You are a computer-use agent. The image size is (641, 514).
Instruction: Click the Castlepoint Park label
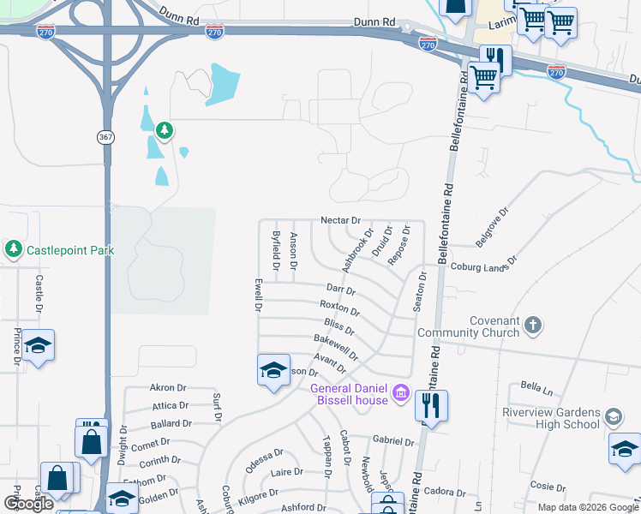coord(70,250)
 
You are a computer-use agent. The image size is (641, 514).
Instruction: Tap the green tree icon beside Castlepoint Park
coord(13,249)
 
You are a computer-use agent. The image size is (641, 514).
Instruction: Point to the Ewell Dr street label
coord(257,294)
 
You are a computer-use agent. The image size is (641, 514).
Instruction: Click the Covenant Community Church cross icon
coord(532,325)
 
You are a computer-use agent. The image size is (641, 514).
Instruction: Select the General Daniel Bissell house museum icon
coord(399,394)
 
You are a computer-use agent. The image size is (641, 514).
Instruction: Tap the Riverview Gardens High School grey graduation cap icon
coord(613,417)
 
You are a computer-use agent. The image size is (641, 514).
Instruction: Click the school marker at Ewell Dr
coord(273,370)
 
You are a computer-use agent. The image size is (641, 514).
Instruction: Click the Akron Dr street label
coord(167,387)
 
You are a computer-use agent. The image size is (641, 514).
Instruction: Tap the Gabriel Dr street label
coord(393,440)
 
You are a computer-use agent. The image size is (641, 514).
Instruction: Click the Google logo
coord(27,505)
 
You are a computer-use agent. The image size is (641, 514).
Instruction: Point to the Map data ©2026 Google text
coord(588,507)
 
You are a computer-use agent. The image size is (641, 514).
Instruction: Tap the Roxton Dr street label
coord(338,307)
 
